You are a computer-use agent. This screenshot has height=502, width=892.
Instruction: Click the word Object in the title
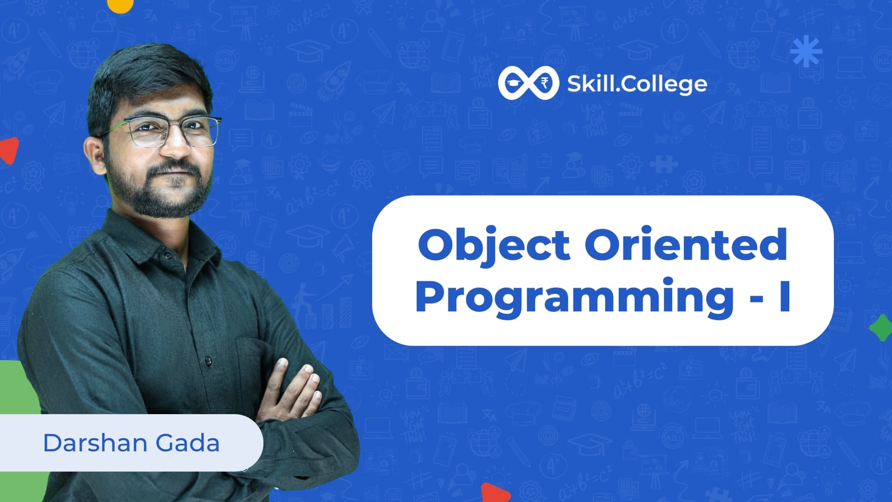coord(493,245)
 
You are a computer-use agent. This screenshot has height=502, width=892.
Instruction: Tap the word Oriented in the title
coord(686,245)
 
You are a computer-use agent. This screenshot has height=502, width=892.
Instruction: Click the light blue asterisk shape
coord(806,50)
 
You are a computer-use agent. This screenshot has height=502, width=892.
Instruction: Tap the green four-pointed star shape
coord(881,328)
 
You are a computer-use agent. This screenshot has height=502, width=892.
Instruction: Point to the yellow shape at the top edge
coord(120,5)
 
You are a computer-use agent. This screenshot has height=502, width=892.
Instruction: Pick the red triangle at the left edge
coord(9,150)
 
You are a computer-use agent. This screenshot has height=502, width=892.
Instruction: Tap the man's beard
coord(158,193)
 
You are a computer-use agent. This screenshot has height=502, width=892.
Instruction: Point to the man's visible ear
coord(95,156)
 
